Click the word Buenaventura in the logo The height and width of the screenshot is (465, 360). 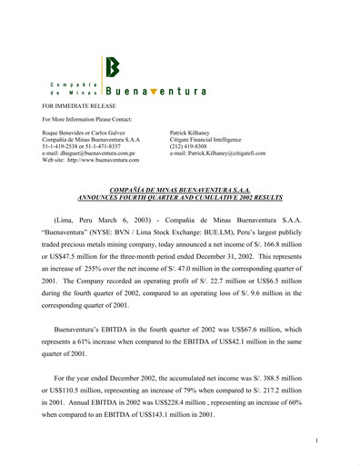pyautogui.click(x=156, y=92)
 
